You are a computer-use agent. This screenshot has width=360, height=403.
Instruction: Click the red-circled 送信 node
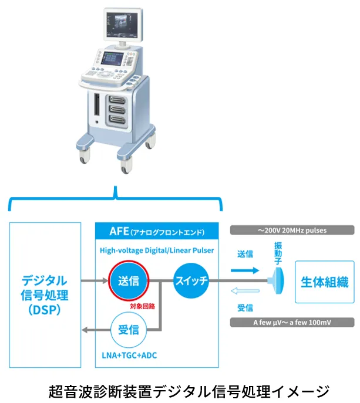click(x=129, y=280)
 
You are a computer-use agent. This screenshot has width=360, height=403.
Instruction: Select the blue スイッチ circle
click(x=191, y=280)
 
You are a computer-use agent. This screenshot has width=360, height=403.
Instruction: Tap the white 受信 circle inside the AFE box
click(x=129, y=330)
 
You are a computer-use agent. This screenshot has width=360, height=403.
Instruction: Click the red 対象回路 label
click(x=142, y=306)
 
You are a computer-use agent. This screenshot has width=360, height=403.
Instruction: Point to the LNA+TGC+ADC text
click(x=129, y=355)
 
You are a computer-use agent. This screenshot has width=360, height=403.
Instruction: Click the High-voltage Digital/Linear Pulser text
click(x=157, y=250)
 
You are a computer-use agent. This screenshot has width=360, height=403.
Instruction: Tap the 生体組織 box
click(x=325, y=282)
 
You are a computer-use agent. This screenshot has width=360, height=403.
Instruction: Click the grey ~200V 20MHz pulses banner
click(x=292, y=230)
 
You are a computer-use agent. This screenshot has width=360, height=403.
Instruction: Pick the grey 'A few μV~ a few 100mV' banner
click(x=292, y=322)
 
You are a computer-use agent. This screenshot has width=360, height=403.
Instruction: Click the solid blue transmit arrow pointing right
click(x=245, y=270)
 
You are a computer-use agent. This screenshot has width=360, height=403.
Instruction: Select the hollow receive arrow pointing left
click(x=245, y=291)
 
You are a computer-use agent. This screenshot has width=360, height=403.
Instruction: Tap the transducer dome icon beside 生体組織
click(x=277, y=280)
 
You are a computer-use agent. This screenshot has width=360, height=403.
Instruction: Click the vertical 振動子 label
click(x=278, y=253)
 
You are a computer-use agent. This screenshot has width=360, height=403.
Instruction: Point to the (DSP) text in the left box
click(x=45, y=310)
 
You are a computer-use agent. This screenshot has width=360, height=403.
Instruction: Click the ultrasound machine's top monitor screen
click(x=122, y=25)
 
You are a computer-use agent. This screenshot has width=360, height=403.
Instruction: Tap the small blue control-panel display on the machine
click(x=113, y=59)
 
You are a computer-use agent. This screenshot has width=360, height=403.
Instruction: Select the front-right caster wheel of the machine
click(x=126, y=166)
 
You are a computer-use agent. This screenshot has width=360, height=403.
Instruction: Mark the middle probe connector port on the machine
click(x=117, y=109)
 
